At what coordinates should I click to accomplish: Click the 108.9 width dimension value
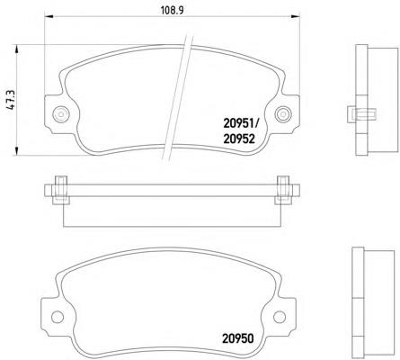click(173, 11)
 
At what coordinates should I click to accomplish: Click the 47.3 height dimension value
click(11, 100)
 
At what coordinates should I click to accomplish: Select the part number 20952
click(239, 139)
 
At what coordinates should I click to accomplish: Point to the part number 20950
click(238, 338)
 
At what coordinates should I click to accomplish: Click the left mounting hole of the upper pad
click(61, 114)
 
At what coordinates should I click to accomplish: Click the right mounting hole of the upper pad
click(283, 114)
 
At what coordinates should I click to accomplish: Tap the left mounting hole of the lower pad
click(58, 317)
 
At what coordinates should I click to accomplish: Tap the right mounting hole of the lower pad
click(280, 317)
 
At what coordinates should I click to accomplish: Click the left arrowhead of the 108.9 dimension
click(49, 17)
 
